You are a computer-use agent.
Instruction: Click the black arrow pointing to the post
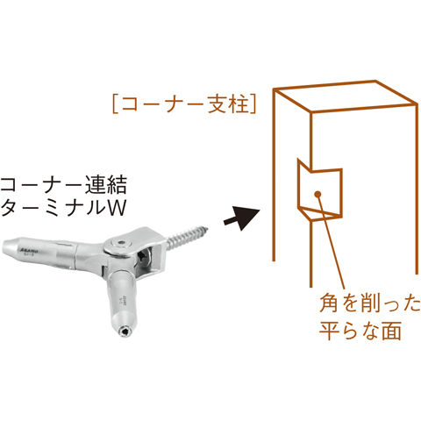click(x=242, y=218)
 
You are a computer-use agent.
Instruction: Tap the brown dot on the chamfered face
click(x=318, y=194)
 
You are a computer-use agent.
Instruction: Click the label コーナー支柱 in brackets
click(x=184, y=104)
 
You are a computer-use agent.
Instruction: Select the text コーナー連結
click(x=64, y=184)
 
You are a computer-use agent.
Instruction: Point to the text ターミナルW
click(x=63, y=207)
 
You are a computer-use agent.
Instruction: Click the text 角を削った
click(x=369, y=303)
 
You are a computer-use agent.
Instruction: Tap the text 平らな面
click(x=360, y=330)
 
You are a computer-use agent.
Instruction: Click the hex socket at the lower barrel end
click(x=125, y=332)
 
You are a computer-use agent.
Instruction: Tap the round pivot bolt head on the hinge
click(x=121, y=243)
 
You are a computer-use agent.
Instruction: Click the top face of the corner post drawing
click(x=346, y=96)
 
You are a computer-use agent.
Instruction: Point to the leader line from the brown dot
click(x=331, y=241)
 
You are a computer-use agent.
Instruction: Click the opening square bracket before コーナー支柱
click(x=116, y=104)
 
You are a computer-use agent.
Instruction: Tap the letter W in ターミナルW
click(x=117, y=208)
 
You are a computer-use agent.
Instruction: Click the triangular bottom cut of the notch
click(x=319, y=213)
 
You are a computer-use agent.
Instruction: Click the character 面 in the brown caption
click(x=391, y=330)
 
